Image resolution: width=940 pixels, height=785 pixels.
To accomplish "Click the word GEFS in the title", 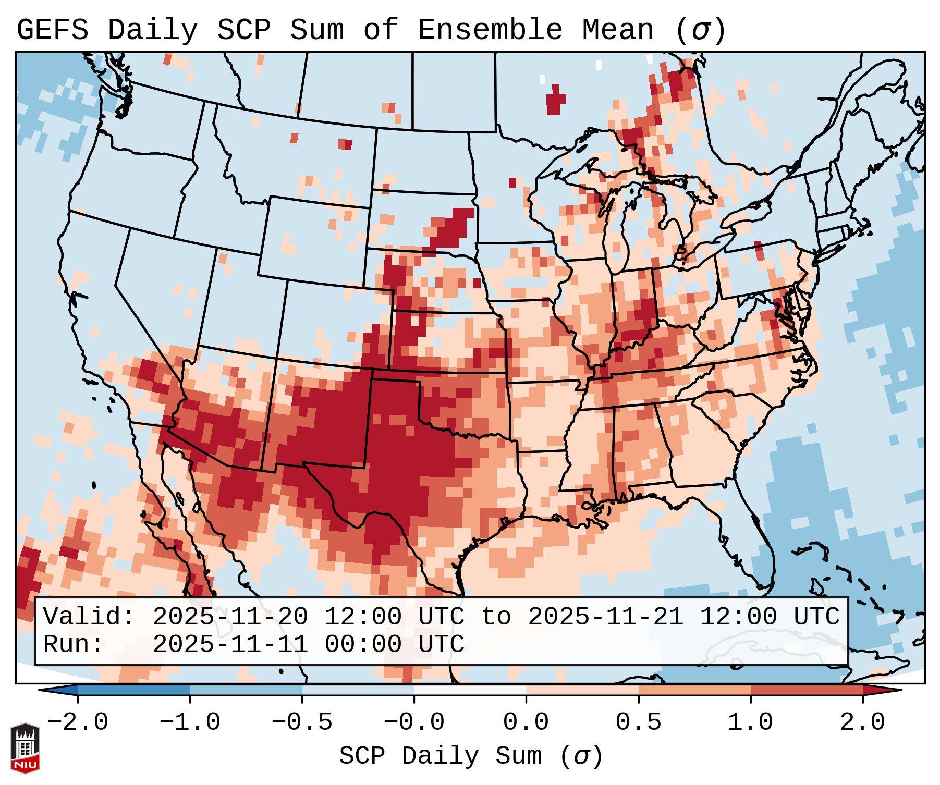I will click(52, 30).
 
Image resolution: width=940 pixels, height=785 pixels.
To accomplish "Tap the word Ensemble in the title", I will click(490, 30).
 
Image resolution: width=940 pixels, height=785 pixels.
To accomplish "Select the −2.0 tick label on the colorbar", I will click(78, 722).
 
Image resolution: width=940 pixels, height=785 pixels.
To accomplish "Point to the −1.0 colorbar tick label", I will click(190, 722).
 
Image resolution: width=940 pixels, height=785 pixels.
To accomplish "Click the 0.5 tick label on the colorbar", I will click(638, 722).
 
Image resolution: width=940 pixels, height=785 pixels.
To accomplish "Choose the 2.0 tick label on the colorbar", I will click(862, 722).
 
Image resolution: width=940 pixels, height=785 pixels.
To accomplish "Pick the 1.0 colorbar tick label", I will click(750, 722).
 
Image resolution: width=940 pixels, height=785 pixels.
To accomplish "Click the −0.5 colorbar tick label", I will click(302, 722).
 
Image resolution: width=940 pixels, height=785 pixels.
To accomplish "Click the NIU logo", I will click(25, 748).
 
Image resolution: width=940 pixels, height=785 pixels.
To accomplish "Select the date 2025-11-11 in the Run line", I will click(230, 644).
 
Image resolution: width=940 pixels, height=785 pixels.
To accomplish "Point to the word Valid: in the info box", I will click(89, 617).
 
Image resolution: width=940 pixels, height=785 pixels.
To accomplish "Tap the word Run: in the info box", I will click(73, 644).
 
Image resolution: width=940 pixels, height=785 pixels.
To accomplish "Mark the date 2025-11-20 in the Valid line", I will click(230, 617).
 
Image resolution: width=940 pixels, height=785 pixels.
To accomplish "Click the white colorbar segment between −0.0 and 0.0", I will click(470, 690).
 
